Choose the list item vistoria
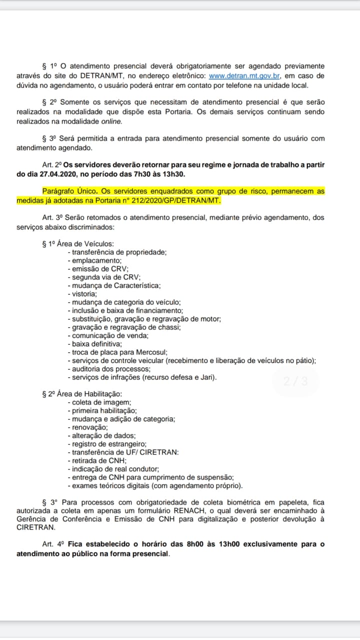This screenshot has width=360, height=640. (x=85, y=294)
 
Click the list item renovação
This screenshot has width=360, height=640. (x=89, y=427)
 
